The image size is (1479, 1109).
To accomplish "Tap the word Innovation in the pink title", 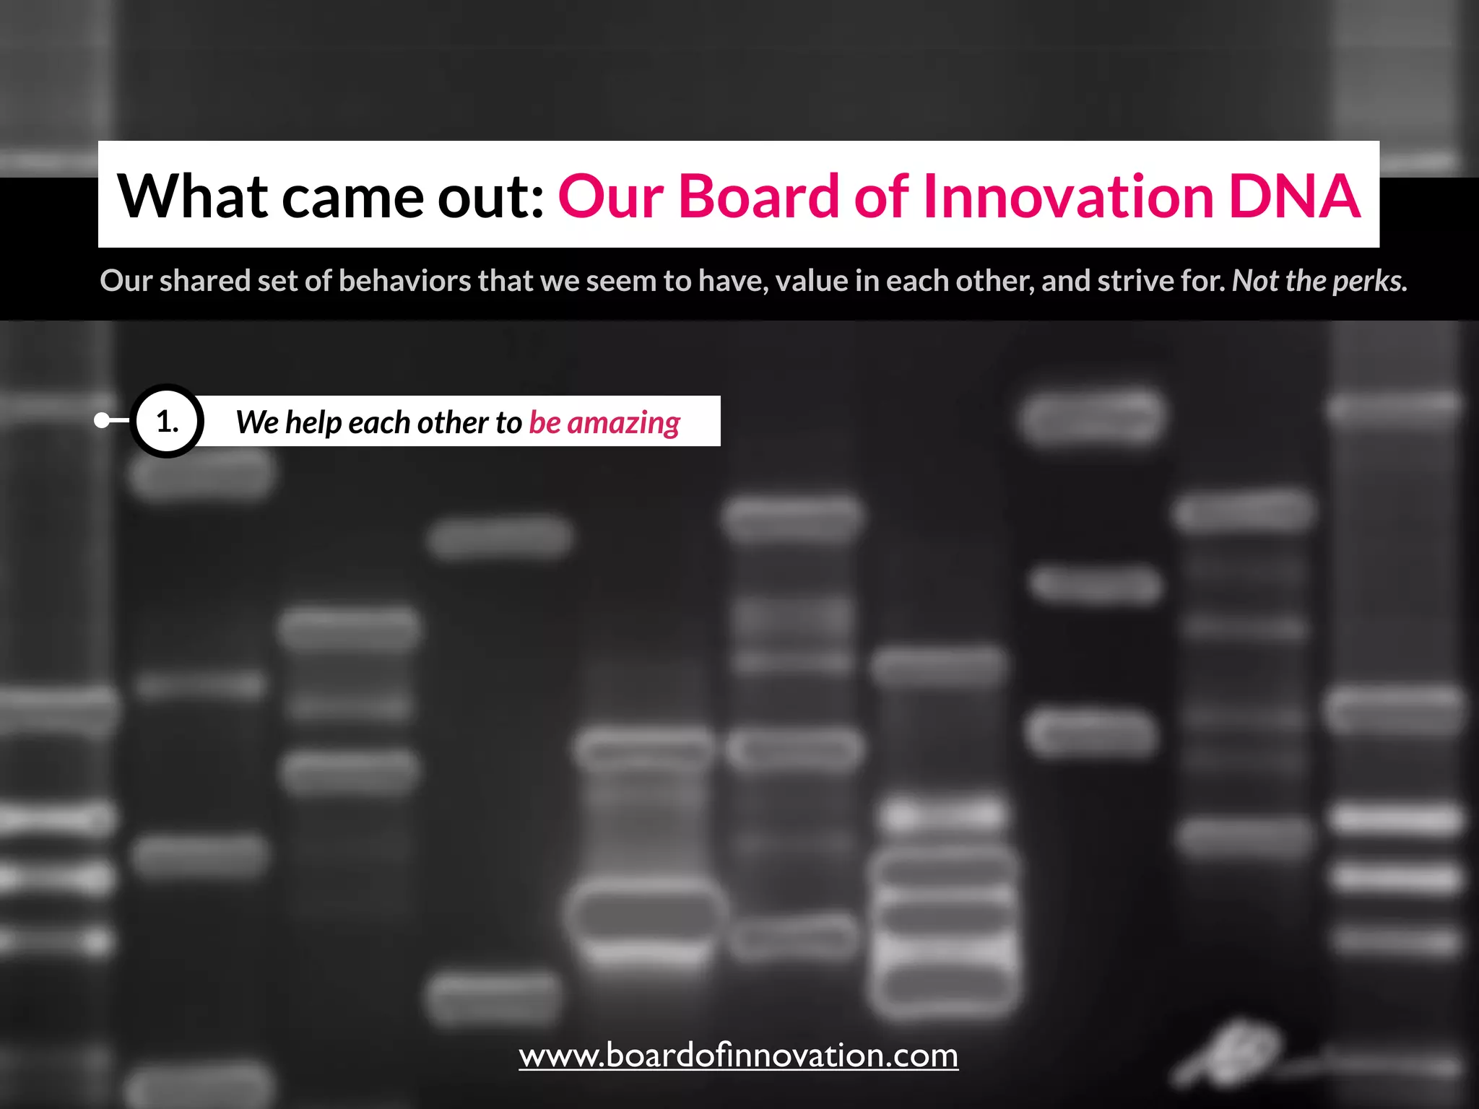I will (1068, 196).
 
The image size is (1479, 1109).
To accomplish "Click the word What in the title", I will (192, 196).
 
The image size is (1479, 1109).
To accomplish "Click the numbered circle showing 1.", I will (167, 421).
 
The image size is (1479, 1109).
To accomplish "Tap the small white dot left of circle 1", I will (102, 420).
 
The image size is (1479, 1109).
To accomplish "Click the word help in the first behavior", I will (313, 422).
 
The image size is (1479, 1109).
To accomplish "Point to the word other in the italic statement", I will (453, 422).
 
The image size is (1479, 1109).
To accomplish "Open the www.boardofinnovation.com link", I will (738, 1056).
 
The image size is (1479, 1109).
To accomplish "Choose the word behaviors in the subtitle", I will (404, 281).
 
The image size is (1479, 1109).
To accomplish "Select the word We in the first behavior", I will (257, 422).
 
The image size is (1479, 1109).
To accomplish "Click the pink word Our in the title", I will (610, 196).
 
